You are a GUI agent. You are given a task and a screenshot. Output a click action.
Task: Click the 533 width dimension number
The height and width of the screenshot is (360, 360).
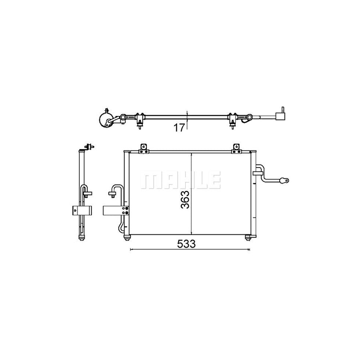(x=186, y=244)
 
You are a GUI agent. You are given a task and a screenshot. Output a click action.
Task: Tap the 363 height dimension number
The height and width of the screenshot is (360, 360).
(x=185, y=200)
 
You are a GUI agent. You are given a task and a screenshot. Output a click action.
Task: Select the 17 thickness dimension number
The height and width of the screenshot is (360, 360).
(x=179, y=128)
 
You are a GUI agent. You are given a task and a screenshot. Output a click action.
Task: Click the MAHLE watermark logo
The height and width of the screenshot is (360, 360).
(x=180, y=180)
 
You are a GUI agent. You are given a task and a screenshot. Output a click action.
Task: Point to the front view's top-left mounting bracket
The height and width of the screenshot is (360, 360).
(x=144, y=148)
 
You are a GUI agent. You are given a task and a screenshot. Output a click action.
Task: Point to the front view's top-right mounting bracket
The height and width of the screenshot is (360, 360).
(x=236, y=148)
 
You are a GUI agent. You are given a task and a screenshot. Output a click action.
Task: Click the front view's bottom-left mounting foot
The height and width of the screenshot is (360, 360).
(x=127, y=238)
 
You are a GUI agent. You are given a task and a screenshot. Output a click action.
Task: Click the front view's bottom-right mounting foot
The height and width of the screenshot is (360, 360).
(x=248, y=238)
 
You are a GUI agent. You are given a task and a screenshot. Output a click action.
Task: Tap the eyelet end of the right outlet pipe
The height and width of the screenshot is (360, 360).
(x=284, y=181)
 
